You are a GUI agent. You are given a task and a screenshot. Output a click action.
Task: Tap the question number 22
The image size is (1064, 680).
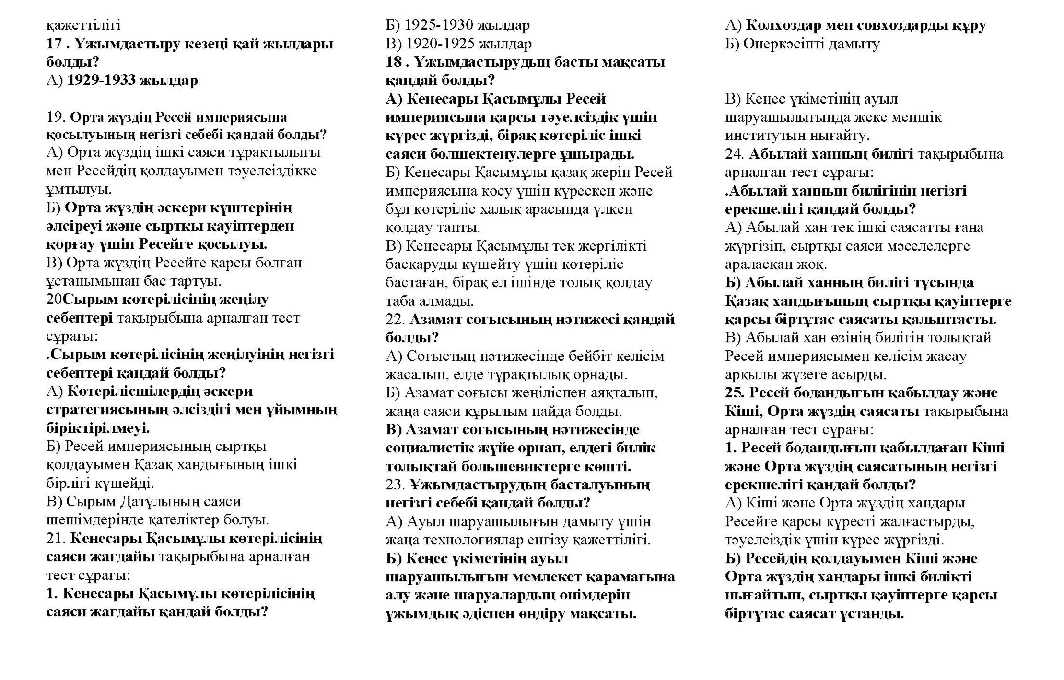tap(395, 320)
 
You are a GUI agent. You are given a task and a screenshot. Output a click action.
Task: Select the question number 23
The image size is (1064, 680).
tap(395, 484)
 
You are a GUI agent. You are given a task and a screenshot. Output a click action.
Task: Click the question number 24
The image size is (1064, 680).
tap(734, 154)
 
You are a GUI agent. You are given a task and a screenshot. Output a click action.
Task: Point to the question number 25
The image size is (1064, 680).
tap(734, 393)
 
